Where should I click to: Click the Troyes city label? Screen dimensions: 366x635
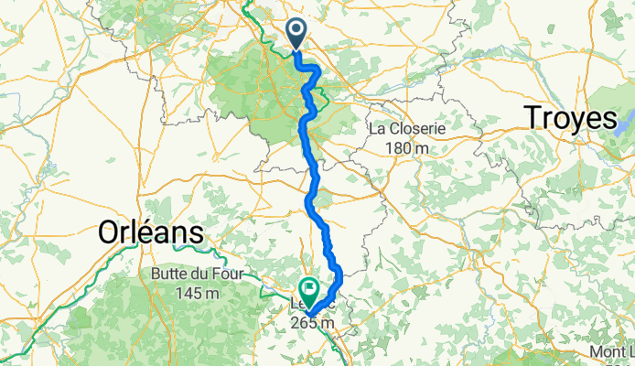coord(570,118)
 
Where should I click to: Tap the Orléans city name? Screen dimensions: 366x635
coord(151,233)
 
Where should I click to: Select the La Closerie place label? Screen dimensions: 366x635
coord(406,129)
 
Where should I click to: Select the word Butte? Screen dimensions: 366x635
coord(167,274)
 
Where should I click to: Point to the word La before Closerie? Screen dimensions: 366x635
coord(376,129)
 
